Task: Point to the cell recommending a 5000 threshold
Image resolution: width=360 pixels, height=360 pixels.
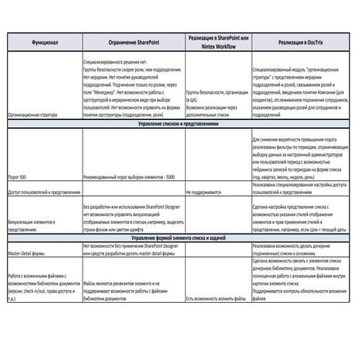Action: click(132, 174)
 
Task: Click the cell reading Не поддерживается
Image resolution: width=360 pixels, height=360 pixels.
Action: click(206, 193)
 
